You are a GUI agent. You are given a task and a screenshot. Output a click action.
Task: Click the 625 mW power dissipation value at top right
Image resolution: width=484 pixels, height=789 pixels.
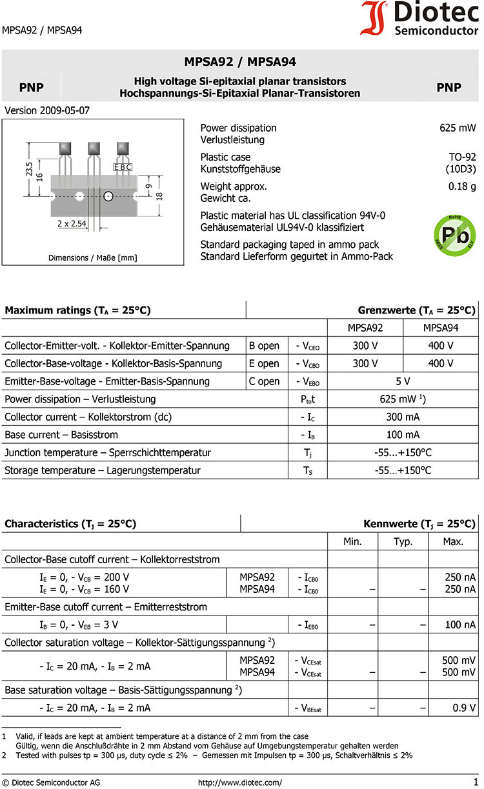point(458,128)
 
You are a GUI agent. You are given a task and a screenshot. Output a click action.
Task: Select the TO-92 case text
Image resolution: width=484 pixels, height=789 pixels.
point(462,157)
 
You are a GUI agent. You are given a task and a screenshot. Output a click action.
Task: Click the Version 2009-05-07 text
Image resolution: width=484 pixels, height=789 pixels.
point(47,110)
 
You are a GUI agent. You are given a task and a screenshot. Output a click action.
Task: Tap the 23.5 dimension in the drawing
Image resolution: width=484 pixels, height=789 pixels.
point(29,169)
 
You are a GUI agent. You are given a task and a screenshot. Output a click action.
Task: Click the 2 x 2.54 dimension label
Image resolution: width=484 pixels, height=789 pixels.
point(72,223)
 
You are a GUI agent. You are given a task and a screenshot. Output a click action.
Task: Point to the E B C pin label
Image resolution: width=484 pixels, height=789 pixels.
point(123,167)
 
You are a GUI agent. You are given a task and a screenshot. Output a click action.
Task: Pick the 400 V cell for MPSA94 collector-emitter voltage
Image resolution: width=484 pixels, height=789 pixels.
point(441,346)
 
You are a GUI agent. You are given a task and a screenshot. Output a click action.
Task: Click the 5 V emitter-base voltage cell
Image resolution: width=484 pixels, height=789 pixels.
point(403,381)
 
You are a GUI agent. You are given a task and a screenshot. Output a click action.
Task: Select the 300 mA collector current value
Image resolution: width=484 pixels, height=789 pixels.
point(403,417)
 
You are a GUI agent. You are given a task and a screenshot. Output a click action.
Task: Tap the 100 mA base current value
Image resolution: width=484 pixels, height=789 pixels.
point(403,435)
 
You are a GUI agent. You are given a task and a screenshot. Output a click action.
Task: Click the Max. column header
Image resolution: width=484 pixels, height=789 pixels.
point(453,541)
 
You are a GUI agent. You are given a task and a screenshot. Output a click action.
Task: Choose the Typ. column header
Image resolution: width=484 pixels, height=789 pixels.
point(403,541)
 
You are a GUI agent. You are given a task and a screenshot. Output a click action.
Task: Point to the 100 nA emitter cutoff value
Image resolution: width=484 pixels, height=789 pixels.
point(459,624)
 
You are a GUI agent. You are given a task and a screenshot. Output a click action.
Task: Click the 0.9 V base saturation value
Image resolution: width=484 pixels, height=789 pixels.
point(464,708)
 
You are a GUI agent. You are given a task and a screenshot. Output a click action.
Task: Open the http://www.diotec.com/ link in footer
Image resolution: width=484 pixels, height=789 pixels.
point(239,783)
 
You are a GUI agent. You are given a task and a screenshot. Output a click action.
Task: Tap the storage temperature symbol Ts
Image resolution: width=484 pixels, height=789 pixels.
point(308,470)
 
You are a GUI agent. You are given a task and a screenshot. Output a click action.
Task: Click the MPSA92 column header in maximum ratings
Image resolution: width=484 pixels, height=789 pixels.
point(365,328)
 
